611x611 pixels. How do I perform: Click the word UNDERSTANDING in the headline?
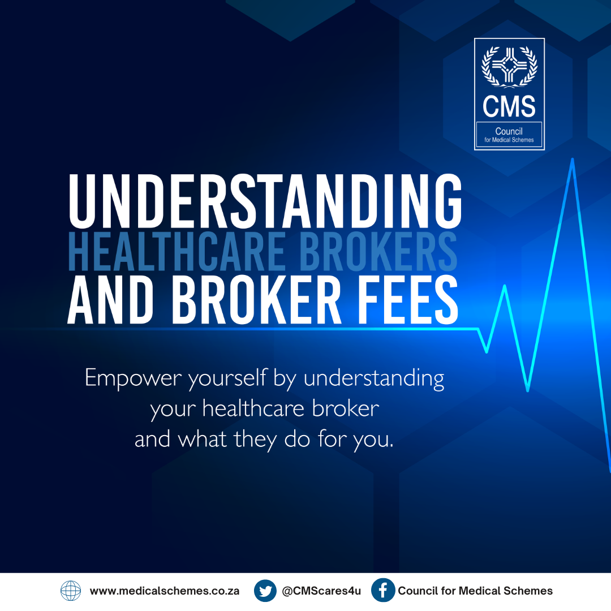coord(265,201)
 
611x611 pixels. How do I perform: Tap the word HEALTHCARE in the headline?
coord(176,251)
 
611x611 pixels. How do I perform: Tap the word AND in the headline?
coord(111,299)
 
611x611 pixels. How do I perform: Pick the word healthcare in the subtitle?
coord(253,409)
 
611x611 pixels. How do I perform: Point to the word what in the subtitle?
coord(202,439)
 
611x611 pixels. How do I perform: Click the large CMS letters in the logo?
coord(509,106)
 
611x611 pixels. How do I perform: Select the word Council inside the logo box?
coord(509,131)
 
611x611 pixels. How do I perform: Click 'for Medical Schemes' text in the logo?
coord(509,140)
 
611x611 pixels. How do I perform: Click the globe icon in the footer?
coord(71,591)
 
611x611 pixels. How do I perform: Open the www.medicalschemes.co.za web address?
coord(165,591)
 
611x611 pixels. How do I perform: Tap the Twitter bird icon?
coord(265,591)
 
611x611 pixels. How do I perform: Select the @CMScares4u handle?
coord(321,591)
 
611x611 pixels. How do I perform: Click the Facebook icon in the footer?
coord(382,590)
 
